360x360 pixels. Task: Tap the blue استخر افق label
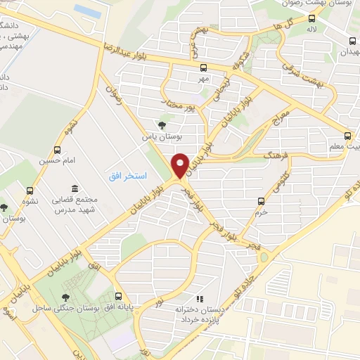coord(127,174)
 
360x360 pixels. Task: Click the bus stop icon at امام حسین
coord(58,149)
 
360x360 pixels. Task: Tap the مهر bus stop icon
coord(203,67)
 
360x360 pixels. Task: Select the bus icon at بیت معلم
coord(347,136)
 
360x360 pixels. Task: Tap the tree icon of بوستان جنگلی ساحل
coord(65,297)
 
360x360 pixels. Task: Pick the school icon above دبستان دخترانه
coord(198,299)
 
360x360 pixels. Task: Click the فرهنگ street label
coord(272,154)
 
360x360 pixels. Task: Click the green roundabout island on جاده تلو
coord(264,257)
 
